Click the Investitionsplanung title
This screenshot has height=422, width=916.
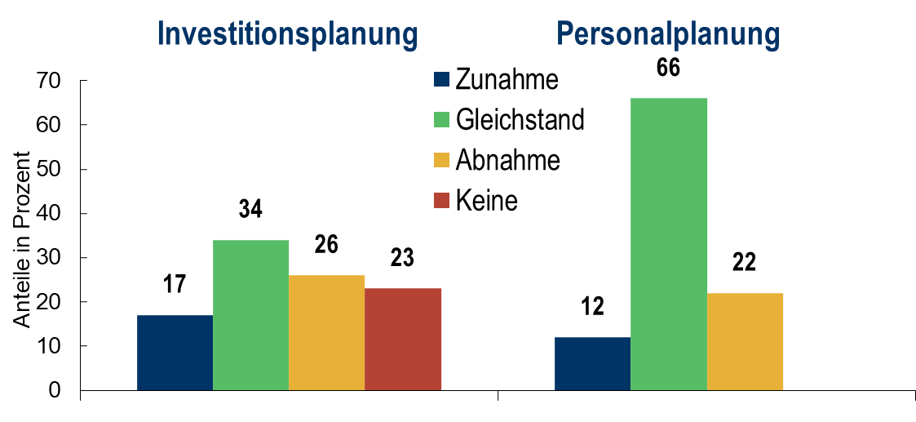pos(287,34)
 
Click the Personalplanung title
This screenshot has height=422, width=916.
pos(668,34)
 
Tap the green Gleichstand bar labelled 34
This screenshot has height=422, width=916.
pos(250,315)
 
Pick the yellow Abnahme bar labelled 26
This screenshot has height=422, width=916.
pos(326,332)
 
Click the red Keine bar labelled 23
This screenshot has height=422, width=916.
pos(403,339)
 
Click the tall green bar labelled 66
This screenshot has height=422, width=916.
pos(669,244)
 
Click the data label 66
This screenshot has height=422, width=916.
pos(668,69)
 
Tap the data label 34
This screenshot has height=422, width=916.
pos(250,209)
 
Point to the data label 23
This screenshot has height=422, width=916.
pos(403,258)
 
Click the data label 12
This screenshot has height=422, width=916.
pos(592,307)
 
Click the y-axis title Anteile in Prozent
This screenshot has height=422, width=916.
pos(22,240)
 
